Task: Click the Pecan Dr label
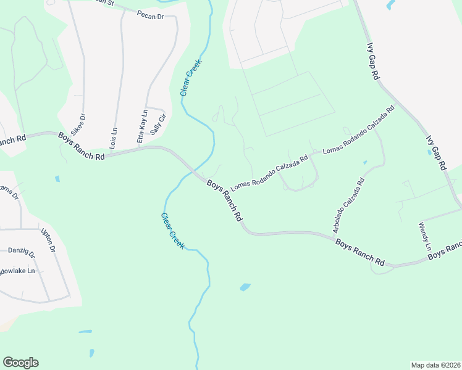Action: coord(150,15)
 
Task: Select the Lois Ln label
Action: coord(113,139)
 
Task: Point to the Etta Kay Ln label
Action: coord(143,127)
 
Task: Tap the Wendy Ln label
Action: coord(425,237)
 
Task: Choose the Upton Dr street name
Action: coord(48,240)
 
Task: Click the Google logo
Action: coord(20,363)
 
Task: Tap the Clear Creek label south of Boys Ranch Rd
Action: coord(172,231)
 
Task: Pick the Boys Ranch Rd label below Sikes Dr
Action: coord(82,146)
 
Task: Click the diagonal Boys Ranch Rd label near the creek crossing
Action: coord(224,200)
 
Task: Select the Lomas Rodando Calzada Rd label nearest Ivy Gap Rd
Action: coord(358,130)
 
